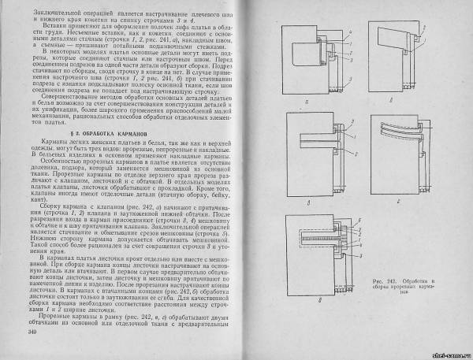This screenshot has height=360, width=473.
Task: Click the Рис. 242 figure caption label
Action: tap(393, 280)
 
